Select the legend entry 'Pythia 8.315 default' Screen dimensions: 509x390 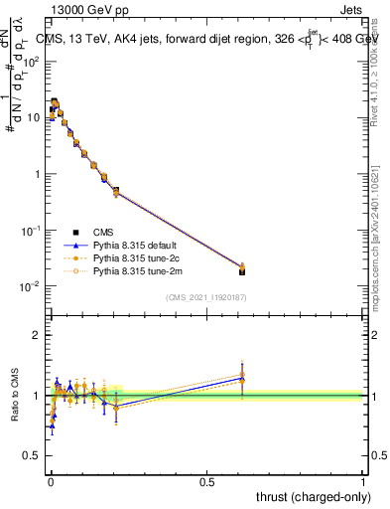click(x=135, y=244)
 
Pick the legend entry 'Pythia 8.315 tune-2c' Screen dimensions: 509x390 click(x=135, y=256)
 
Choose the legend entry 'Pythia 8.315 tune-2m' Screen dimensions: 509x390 click(x=135, y=269)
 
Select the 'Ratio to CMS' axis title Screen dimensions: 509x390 click(x=13, y=396)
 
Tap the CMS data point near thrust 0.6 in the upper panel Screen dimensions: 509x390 click(x=242, y=270)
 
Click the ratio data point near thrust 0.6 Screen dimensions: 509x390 click(x=242, y=378)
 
